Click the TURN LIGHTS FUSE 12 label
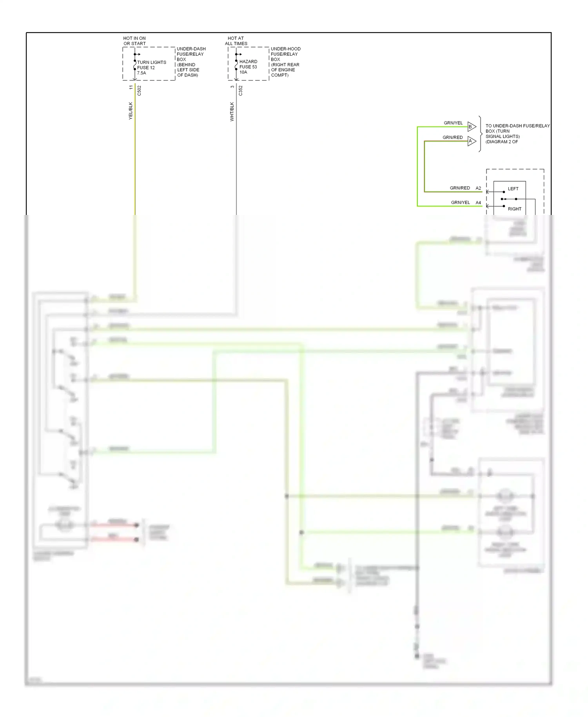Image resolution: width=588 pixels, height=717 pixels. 151,67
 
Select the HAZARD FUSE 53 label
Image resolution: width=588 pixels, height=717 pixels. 248,67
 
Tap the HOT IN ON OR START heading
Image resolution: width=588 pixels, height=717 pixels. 134,41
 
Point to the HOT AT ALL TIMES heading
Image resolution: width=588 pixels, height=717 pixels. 236,41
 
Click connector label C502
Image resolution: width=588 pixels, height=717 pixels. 139,91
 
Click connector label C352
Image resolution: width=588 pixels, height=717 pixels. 241,91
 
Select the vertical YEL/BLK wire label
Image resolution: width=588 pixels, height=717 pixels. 131,111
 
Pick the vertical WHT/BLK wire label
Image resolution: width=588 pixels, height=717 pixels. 232,111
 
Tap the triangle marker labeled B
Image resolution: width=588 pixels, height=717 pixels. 471,127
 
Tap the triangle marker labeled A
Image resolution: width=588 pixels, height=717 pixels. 471,141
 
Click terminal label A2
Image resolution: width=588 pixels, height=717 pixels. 478,188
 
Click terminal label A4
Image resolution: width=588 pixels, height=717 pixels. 478,203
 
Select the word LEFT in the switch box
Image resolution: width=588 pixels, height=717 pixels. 513,189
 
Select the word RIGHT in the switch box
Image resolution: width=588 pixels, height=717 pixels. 514,209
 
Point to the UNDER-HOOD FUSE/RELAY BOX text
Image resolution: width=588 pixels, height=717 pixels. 285,62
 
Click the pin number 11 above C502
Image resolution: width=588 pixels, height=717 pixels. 131,87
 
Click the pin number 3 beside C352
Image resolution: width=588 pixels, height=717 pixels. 232,87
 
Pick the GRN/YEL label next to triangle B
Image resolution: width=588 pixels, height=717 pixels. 453,123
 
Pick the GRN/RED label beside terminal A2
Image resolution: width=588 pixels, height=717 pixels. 460,188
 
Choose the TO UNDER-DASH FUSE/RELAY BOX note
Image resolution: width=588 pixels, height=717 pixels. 517,134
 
